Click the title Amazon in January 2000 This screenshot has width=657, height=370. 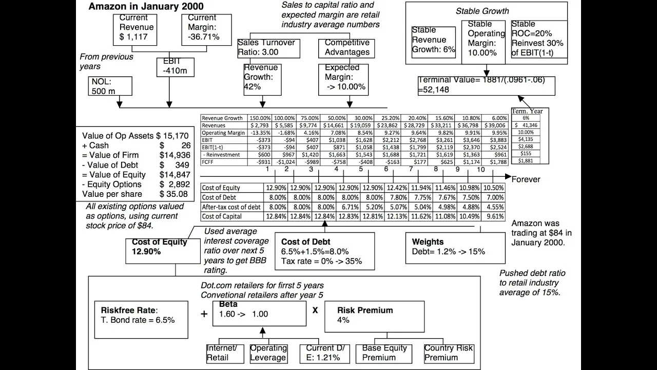[146, 7]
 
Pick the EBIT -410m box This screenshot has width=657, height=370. [175, 66]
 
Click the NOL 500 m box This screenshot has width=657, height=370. [110, 86]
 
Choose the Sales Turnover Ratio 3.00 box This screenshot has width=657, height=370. [266, 47]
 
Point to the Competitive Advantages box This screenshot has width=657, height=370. [347, 47]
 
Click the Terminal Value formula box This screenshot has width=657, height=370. [486, 85]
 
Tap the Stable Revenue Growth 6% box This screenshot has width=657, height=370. [433, 41]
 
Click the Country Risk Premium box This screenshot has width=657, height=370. [449, 353]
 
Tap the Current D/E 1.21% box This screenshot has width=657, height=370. [325, 353]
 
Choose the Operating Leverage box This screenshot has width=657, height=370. [268, 353]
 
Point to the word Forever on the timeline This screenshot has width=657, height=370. [526, 179]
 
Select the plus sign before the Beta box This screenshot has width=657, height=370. [204, 313]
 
